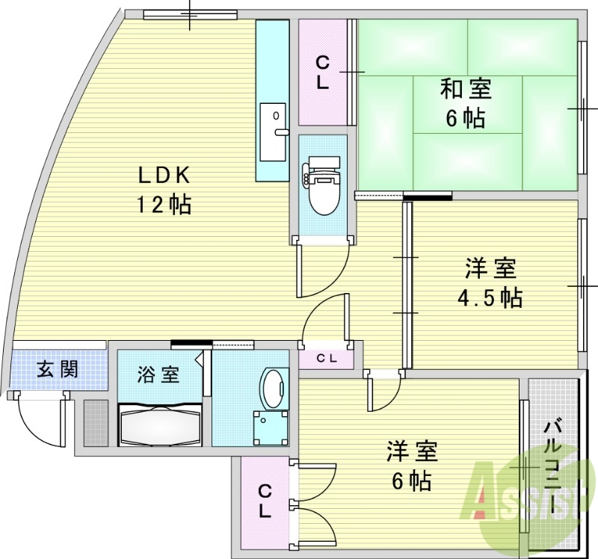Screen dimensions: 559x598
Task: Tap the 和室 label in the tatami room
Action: [x=465, y=90]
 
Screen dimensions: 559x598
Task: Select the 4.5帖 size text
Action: [x=490, y=297]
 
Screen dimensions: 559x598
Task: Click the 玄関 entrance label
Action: [x=58, y=368]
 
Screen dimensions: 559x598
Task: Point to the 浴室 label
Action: [x=158, y=374]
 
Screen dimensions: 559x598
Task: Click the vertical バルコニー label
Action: [x=554, y=466]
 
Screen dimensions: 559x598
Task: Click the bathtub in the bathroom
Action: [x=160, y=425]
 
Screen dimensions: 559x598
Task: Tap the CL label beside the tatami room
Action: [x=323, y=73]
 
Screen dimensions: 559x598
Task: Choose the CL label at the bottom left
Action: [x=265, y=501]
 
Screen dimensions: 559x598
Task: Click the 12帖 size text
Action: [x=163, y=204]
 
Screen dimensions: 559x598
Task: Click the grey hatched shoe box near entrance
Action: [x=95, y=424]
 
